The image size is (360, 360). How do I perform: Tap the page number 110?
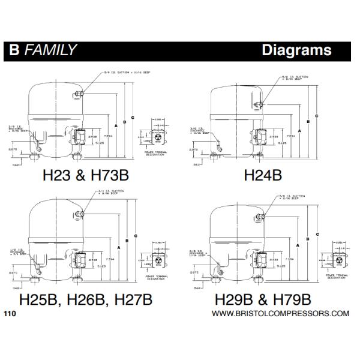[10, 313]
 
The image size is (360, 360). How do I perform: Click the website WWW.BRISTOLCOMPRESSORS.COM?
[280, 313]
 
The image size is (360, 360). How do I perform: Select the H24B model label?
[262, 175]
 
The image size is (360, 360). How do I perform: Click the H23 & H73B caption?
[86, 175]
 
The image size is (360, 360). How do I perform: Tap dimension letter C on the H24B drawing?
[316, 115]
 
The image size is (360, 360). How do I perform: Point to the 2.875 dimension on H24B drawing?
[193, 148]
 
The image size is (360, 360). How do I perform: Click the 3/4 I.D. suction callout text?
[111, 192]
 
